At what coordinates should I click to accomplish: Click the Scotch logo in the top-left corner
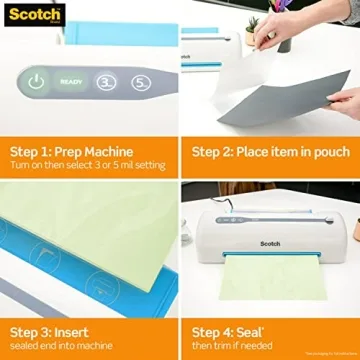click(x=32, y=14)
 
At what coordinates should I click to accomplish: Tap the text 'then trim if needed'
click(x=235, y=345)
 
